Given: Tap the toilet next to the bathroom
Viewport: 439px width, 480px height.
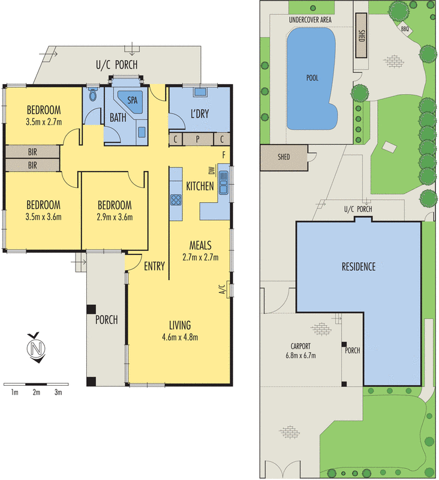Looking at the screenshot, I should pyautogui.click(x=93, y=95).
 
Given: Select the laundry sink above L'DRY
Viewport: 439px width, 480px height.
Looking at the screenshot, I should pyautogui.click(x=200, y=92).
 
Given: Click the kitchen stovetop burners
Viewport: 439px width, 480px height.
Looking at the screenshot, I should pyautogui.click(x=176, y=200).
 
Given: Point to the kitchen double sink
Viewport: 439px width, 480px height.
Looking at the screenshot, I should pyautogui.click(x=224, y=182).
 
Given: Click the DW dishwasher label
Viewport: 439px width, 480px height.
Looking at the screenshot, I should pyautogui.click(x=212, y=170).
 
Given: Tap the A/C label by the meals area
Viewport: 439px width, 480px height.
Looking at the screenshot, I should pyautogui.click(x=221, y=290).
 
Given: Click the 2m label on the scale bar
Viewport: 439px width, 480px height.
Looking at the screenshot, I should pyautogui.click(x=36, y=392).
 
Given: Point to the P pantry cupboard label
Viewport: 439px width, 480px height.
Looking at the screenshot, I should pyautogui.click(x=199, y=139).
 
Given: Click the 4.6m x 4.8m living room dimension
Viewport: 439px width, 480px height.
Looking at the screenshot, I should pyautogui.click(x=180, y=337).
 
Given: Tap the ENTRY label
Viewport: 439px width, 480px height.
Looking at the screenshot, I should pyautogui.click(x=154, y=266).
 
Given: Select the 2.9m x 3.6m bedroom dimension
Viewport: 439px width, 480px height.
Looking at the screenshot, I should pyautogui.click(x=114, y=217).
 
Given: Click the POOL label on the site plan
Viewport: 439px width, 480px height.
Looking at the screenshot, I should pyautogui.click(x=312, y=78).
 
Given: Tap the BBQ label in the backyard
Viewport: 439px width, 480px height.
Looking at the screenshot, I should pyautogui.click(x=404, y=28).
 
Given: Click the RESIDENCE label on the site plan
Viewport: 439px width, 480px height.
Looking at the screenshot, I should pyautogui.click(x=359, y=266).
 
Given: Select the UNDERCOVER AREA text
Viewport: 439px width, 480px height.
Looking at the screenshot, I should pyautogui.click(x=310, y=20).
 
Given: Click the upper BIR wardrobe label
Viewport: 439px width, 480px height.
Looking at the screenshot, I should pyautogui.click(x=32, y=152).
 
